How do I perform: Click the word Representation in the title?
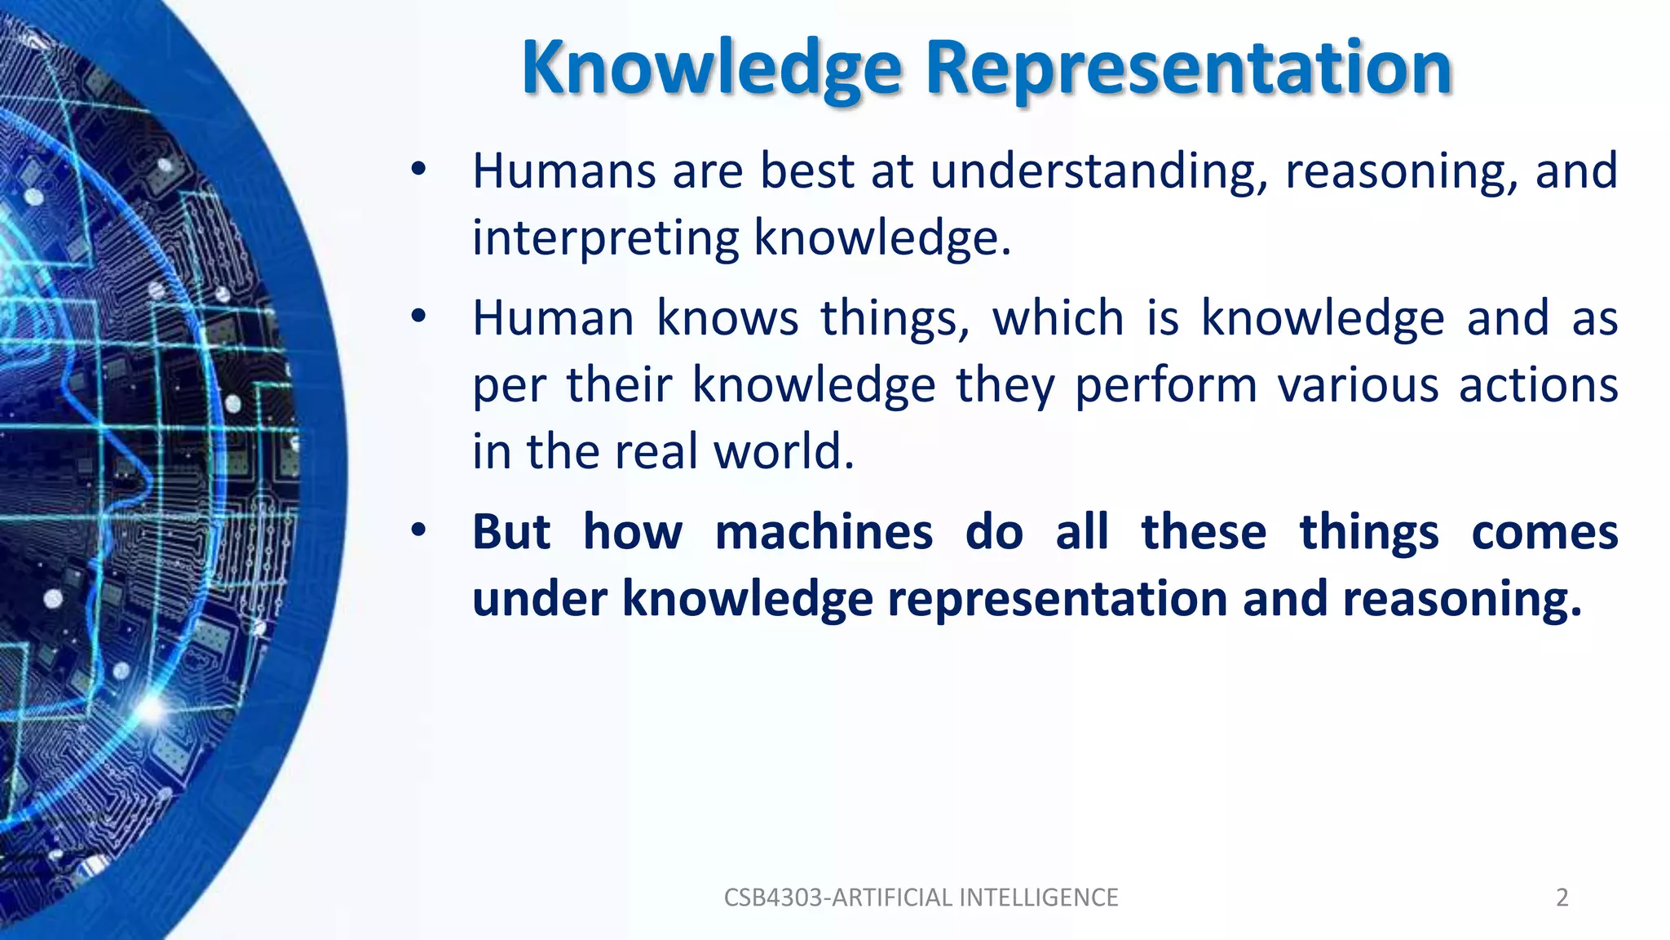[x=1188, y=69]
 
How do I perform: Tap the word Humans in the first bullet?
[x=564, y=171]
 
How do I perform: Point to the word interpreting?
[x=606, y=238]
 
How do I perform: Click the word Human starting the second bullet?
[x=554, y=318]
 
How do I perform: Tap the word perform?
[x=1166, y=386]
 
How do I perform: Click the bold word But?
[x=511, y=532]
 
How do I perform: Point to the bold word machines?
[x=824, y=532]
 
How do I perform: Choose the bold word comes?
[x=1544, y=534]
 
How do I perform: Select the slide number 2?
[x=1562, y=898]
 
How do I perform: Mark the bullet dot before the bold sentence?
[x=418, y=531]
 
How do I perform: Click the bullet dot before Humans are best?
[x=418, y=171]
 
